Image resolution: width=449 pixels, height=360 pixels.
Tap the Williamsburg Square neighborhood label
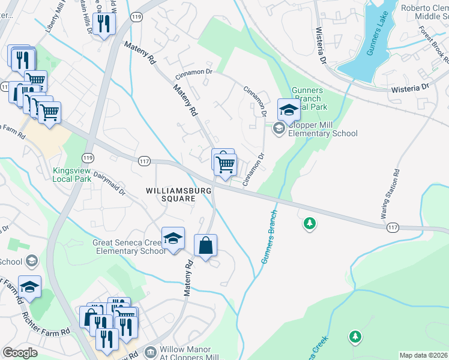point(179,195)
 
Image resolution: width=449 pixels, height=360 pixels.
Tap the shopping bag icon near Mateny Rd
point(206,245)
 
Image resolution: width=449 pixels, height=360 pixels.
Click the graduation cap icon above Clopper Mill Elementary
point(289,110)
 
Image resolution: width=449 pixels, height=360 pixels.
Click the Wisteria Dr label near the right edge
point(409,88)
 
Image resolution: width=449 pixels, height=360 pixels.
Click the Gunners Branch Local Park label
point(307,98)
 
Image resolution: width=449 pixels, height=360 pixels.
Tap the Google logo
point(20,353)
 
